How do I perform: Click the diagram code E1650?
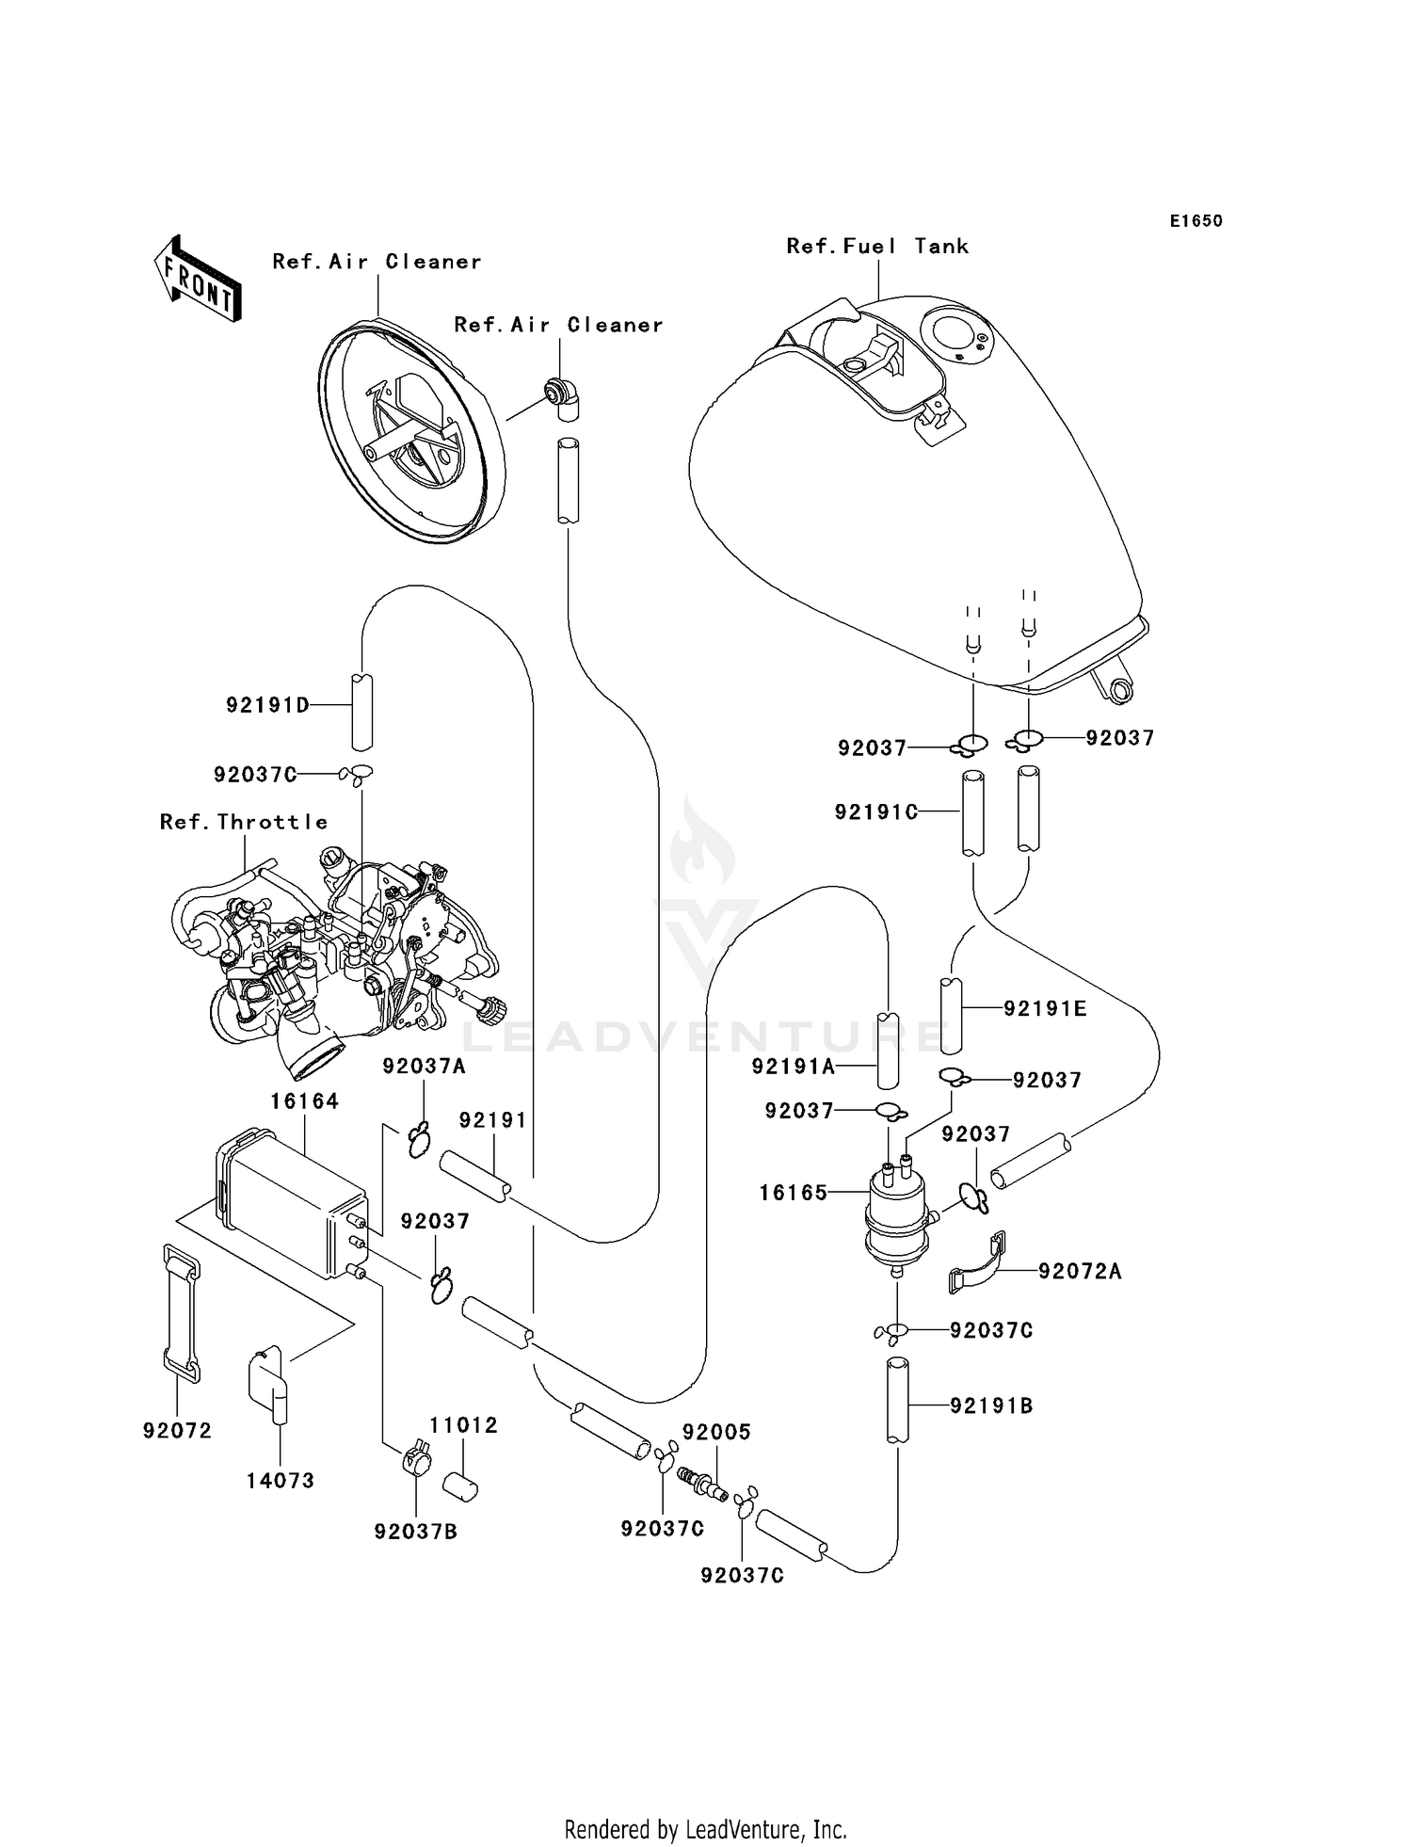(1195, 221)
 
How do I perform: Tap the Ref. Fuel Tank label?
(877, 247)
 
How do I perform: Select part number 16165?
(793, 1193)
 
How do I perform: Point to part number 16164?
(304, 1100)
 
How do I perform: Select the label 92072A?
(1080, 1272)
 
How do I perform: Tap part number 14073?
(280, 1481)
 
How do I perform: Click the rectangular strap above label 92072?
(182, 1313)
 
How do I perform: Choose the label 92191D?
(267, 705)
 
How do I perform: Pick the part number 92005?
(716, 1433)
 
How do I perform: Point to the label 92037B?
(415, 1532)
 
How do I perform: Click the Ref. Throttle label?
(244, 822)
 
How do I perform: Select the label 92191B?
(991, 1405)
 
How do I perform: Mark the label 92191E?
(1045, 1009)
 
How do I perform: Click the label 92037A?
(424, 1066)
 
